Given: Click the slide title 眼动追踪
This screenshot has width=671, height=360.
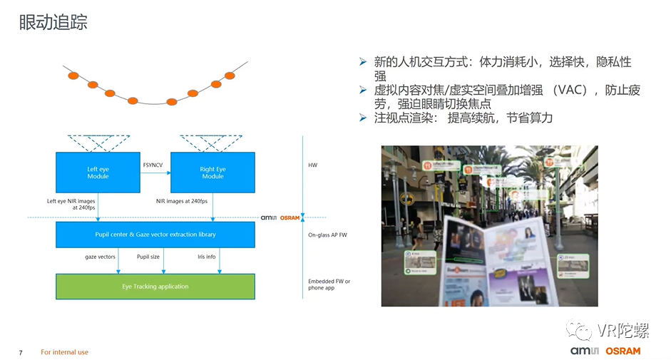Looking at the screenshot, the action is (53, 23).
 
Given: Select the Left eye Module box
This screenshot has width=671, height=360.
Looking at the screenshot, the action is (98, 173).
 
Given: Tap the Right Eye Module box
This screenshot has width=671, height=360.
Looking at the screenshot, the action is (212, 173).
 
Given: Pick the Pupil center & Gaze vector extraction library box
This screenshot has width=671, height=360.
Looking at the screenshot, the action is (155, 234).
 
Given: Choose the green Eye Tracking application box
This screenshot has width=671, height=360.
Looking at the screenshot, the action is (155, 287).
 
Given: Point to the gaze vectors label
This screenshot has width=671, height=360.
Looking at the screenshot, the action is (100, 257).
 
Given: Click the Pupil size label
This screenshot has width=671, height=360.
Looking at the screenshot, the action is (148, 257).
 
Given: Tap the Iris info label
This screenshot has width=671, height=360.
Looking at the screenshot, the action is (206, 257).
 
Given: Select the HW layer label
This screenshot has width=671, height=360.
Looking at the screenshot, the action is (312, 165).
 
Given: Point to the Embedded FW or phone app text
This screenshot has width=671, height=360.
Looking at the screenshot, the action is (329, 285).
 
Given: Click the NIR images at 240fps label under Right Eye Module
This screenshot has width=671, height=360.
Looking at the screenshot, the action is (185, 201).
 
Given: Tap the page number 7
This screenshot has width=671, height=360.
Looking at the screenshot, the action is (21, 352).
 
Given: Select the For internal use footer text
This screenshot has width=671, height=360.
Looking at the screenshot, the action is (64, 352).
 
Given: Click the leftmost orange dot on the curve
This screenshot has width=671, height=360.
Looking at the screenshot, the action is (73, 76).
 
